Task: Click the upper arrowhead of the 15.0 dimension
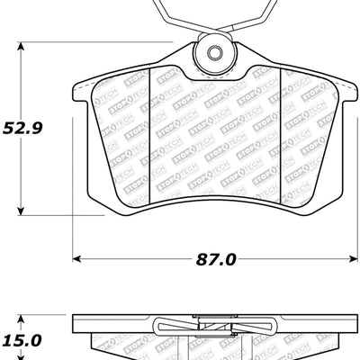click(x=22, y=317)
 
